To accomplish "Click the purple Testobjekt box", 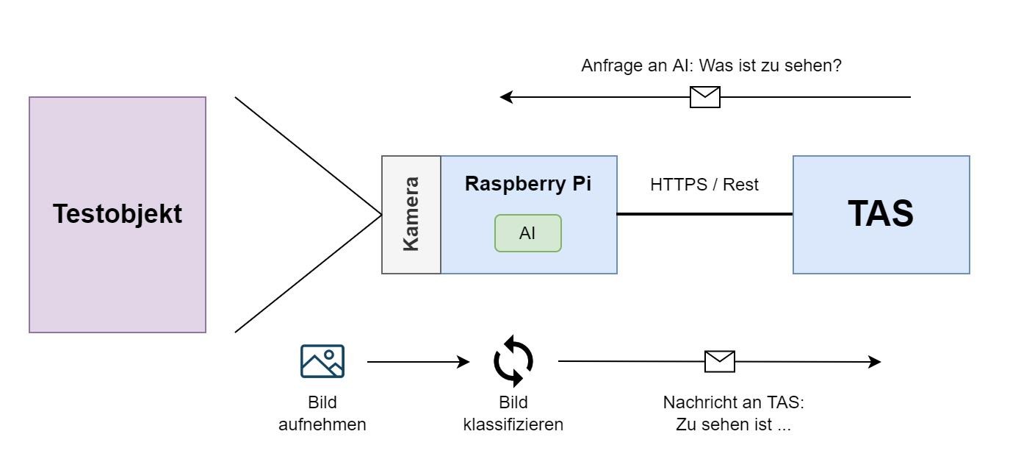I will pos(118,215).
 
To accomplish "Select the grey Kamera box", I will pos(411,215).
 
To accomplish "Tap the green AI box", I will pos(527,233).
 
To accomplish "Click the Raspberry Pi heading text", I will pos(527,184).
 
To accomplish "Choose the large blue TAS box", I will pos(881,215).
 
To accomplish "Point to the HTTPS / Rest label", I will pos(704,185).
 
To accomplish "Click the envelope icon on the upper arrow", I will pos(705,97).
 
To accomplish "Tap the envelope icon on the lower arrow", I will pos(719,361).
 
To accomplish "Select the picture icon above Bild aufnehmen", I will pos(322,361).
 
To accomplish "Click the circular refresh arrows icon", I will pos(513,361).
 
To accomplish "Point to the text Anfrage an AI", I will pos(636,65).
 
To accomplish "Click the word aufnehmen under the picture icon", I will pos(322,424).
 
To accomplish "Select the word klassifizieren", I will pos(513,424).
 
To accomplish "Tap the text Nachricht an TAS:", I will pos(734,402).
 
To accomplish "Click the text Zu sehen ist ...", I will pos(733,424).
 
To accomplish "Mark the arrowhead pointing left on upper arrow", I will pos(506,97).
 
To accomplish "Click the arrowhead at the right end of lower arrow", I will pos(875,362).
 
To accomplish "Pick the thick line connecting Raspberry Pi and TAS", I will pos(704,214).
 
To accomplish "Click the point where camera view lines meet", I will pos(381,215).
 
